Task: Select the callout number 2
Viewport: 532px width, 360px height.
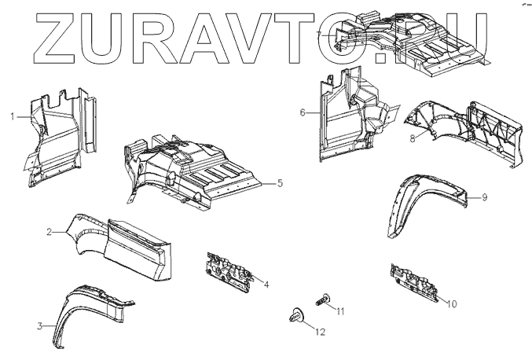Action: [x=49, y=232]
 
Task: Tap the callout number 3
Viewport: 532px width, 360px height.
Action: [x=40, y=325]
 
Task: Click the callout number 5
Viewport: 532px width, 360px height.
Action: [x=280, y=183]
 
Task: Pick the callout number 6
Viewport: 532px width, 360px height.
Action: [x=302, y=112]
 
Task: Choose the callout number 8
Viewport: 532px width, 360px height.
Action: [x=413, y=138]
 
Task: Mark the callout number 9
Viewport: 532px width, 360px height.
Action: [x=485, y=197]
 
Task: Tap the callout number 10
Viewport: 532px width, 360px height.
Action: [x=450, y=303]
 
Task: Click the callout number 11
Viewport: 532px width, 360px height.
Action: [x=340, y=312]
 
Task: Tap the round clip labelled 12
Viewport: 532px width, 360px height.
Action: [x=296, y=315]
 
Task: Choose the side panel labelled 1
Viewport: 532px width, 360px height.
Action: [x=59, y=138]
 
